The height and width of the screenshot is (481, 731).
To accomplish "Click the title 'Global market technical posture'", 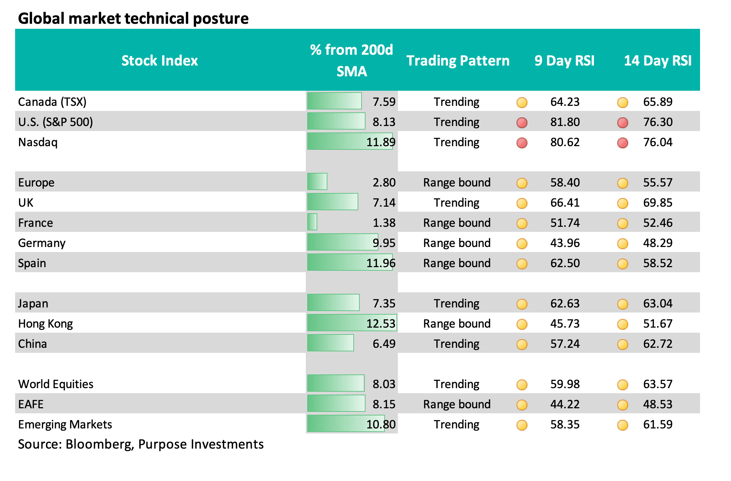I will pyautogui.click(x=133, y=18).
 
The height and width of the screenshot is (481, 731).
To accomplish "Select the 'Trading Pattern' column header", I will pyautogui.click(x=458, y=60).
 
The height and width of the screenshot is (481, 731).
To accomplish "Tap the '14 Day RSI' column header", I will pyautogui.click(x=657, y=60).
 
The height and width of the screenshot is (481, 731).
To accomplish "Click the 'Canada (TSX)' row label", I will pyautogui.click(x=52, y=102).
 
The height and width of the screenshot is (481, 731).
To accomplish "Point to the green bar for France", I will pyautogui.click(x=312, y=222).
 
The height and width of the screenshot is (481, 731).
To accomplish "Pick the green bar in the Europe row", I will pyautogui.click(x=317, y=182).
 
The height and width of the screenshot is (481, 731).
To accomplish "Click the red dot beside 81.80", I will pyautogui.click(x=522, y=122).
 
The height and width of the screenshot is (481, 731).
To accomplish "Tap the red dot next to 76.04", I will pyautogui.click(x=622, y=143).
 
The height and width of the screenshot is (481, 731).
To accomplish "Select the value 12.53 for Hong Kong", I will pyautogui.click(x=381, y=324).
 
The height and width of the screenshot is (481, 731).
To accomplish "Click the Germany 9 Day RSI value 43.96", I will pyautogui.click(x=565, y=243).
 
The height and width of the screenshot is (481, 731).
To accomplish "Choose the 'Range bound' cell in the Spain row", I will pyautogui.click(x=457, y=263).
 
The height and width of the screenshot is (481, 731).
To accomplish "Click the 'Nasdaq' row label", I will pyautogui.click(x=38, y=142).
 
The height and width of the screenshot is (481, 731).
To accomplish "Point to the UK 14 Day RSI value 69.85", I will pyautogui.click(x=658, y=203).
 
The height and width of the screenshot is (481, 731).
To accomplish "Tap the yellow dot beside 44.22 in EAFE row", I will pyautogui.click(x=522, y=405).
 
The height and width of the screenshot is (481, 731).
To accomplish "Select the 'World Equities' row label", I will pyautogui.click(x=56, y=384).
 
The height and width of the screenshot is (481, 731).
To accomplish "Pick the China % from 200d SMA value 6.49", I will pyautogui.click(x=384, y=344).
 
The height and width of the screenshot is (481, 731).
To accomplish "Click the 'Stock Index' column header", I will pyautogui.click(x=159, y=60).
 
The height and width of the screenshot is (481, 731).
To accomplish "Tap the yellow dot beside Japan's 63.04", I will pyautogui.click(x=622, y=304).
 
